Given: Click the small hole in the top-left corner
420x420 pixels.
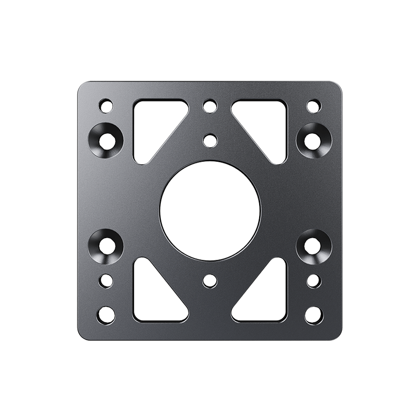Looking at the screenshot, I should click(x=106, y=105).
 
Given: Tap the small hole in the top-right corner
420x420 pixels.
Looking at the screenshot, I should click(x=313, y=105).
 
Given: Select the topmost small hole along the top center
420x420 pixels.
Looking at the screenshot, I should click(x=209, y=106).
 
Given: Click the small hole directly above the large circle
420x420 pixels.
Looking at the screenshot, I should click(x=209, y=139).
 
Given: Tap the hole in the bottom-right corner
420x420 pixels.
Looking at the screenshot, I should click(x=313, y=314).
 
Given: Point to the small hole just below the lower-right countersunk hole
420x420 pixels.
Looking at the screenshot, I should click(x=313, y=280).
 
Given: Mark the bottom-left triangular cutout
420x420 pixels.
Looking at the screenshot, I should click(x=151, y=298).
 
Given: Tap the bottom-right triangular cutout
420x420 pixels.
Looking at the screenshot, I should click(x=269, y=298).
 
